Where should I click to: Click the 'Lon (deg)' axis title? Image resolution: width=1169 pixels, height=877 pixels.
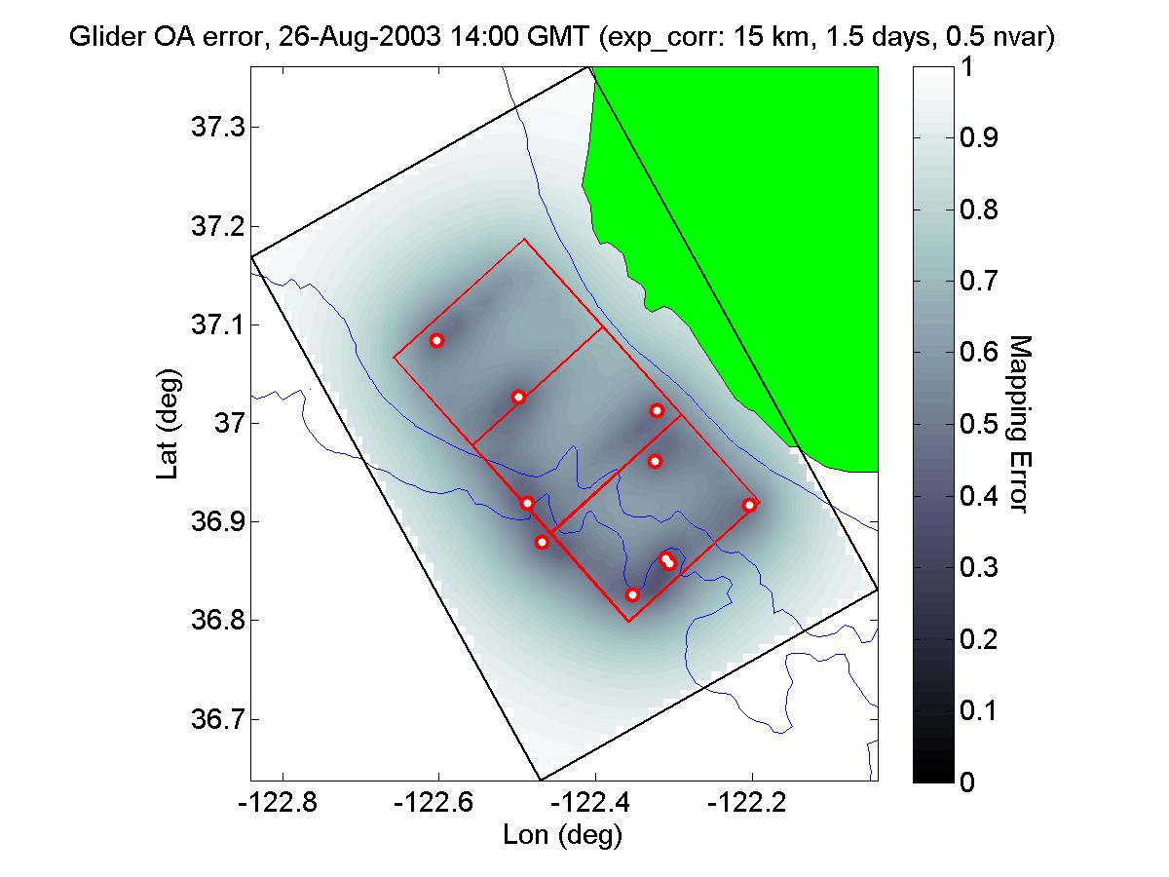pyautogui.click(x=562, y=834)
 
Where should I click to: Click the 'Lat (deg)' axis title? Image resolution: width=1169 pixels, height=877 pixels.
pyautogui.click(x=166, y=423)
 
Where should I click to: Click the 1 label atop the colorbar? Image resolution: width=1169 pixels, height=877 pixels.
pyautogui.click(x=967, y=67)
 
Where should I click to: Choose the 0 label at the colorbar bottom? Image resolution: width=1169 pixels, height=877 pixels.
pyautogui.click(x=967, y=782)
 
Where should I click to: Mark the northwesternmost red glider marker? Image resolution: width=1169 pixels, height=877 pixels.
pyautogui.click(x=436, y=340)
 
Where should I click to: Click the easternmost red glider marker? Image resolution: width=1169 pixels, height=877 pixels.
pyautogui.click(x=749, y=505)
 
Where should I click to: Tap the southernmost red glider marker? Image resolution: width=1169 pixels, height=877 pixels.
pyautogui.click(x=632, y=594)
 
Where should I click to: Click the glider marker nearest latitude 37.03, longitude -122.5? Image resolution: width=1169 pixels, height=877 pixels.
pyautogui.click(x=519, y=397)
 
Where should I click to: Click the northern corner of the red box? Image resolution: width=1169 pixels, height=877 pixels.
pyautogui.click(x=524, y=239)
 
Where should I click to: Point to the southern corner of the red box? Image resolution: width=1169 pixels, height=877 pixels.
pyautogui.click(x=628, y=621)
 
